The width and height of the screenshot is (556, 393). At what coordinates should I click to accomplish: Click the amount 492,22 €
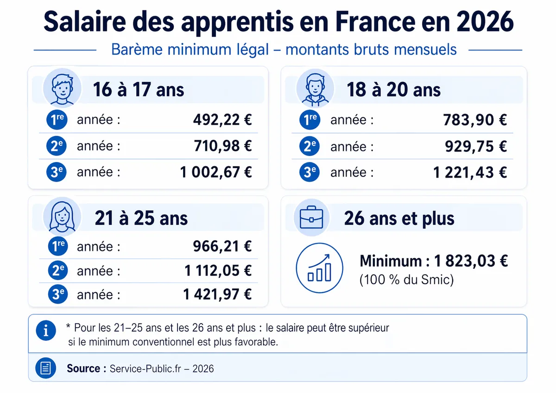222,120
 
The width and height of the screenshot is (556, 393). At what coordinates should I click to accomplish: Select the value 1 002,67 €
216,172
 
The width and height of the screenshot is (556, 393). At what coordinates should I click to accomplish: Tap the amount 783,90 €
475,120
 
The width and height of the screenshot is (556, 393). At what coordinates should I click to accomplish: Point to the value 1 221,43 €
470,173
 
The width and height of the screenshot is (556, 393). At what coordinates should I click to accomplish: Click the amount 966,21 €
222,246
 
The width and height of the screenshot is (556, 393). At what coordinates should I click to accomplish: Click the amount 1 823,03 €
471,261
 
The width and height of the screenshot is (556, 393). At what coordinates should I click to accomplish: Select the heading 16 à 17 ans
139,90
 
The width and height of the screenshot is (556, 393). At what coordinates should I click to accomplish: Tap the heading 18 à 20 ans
393,90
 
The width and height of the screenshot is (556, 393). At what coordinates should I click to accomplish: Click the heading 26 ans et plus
399,218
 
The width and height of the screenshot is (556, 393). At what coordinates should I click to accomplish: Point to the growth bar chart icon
319,268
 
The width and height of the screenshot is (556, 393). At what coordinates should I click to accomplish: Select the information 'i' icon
45,330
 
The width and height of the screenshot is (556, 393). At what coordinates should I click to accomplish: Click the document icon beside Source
45,368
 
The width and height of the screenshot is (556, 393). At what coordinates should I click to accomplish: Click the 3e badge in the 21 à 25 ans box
57,294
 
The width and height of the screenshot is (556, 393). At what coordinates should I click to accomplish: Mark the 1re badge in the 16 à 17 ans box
57,120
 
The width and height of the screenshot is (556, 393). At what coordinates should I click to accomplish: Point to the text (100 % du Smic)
406,280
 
